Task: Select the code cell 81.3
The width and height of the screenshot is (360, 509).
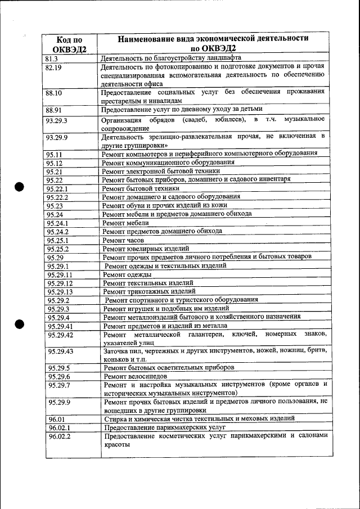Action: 51,58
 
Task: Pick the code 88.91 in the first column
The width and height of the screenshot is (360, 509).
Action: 53,110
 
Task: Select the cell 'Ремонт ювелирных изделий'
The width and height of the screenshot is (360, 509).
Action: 146,248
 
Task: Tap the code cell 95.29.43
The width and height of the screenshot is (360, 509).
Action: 61,352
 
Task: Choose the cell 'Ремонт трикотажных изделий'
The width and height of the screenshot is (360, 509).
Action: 149,291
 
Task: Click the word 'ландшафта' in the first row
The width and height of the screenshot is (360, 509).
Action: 220,58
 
